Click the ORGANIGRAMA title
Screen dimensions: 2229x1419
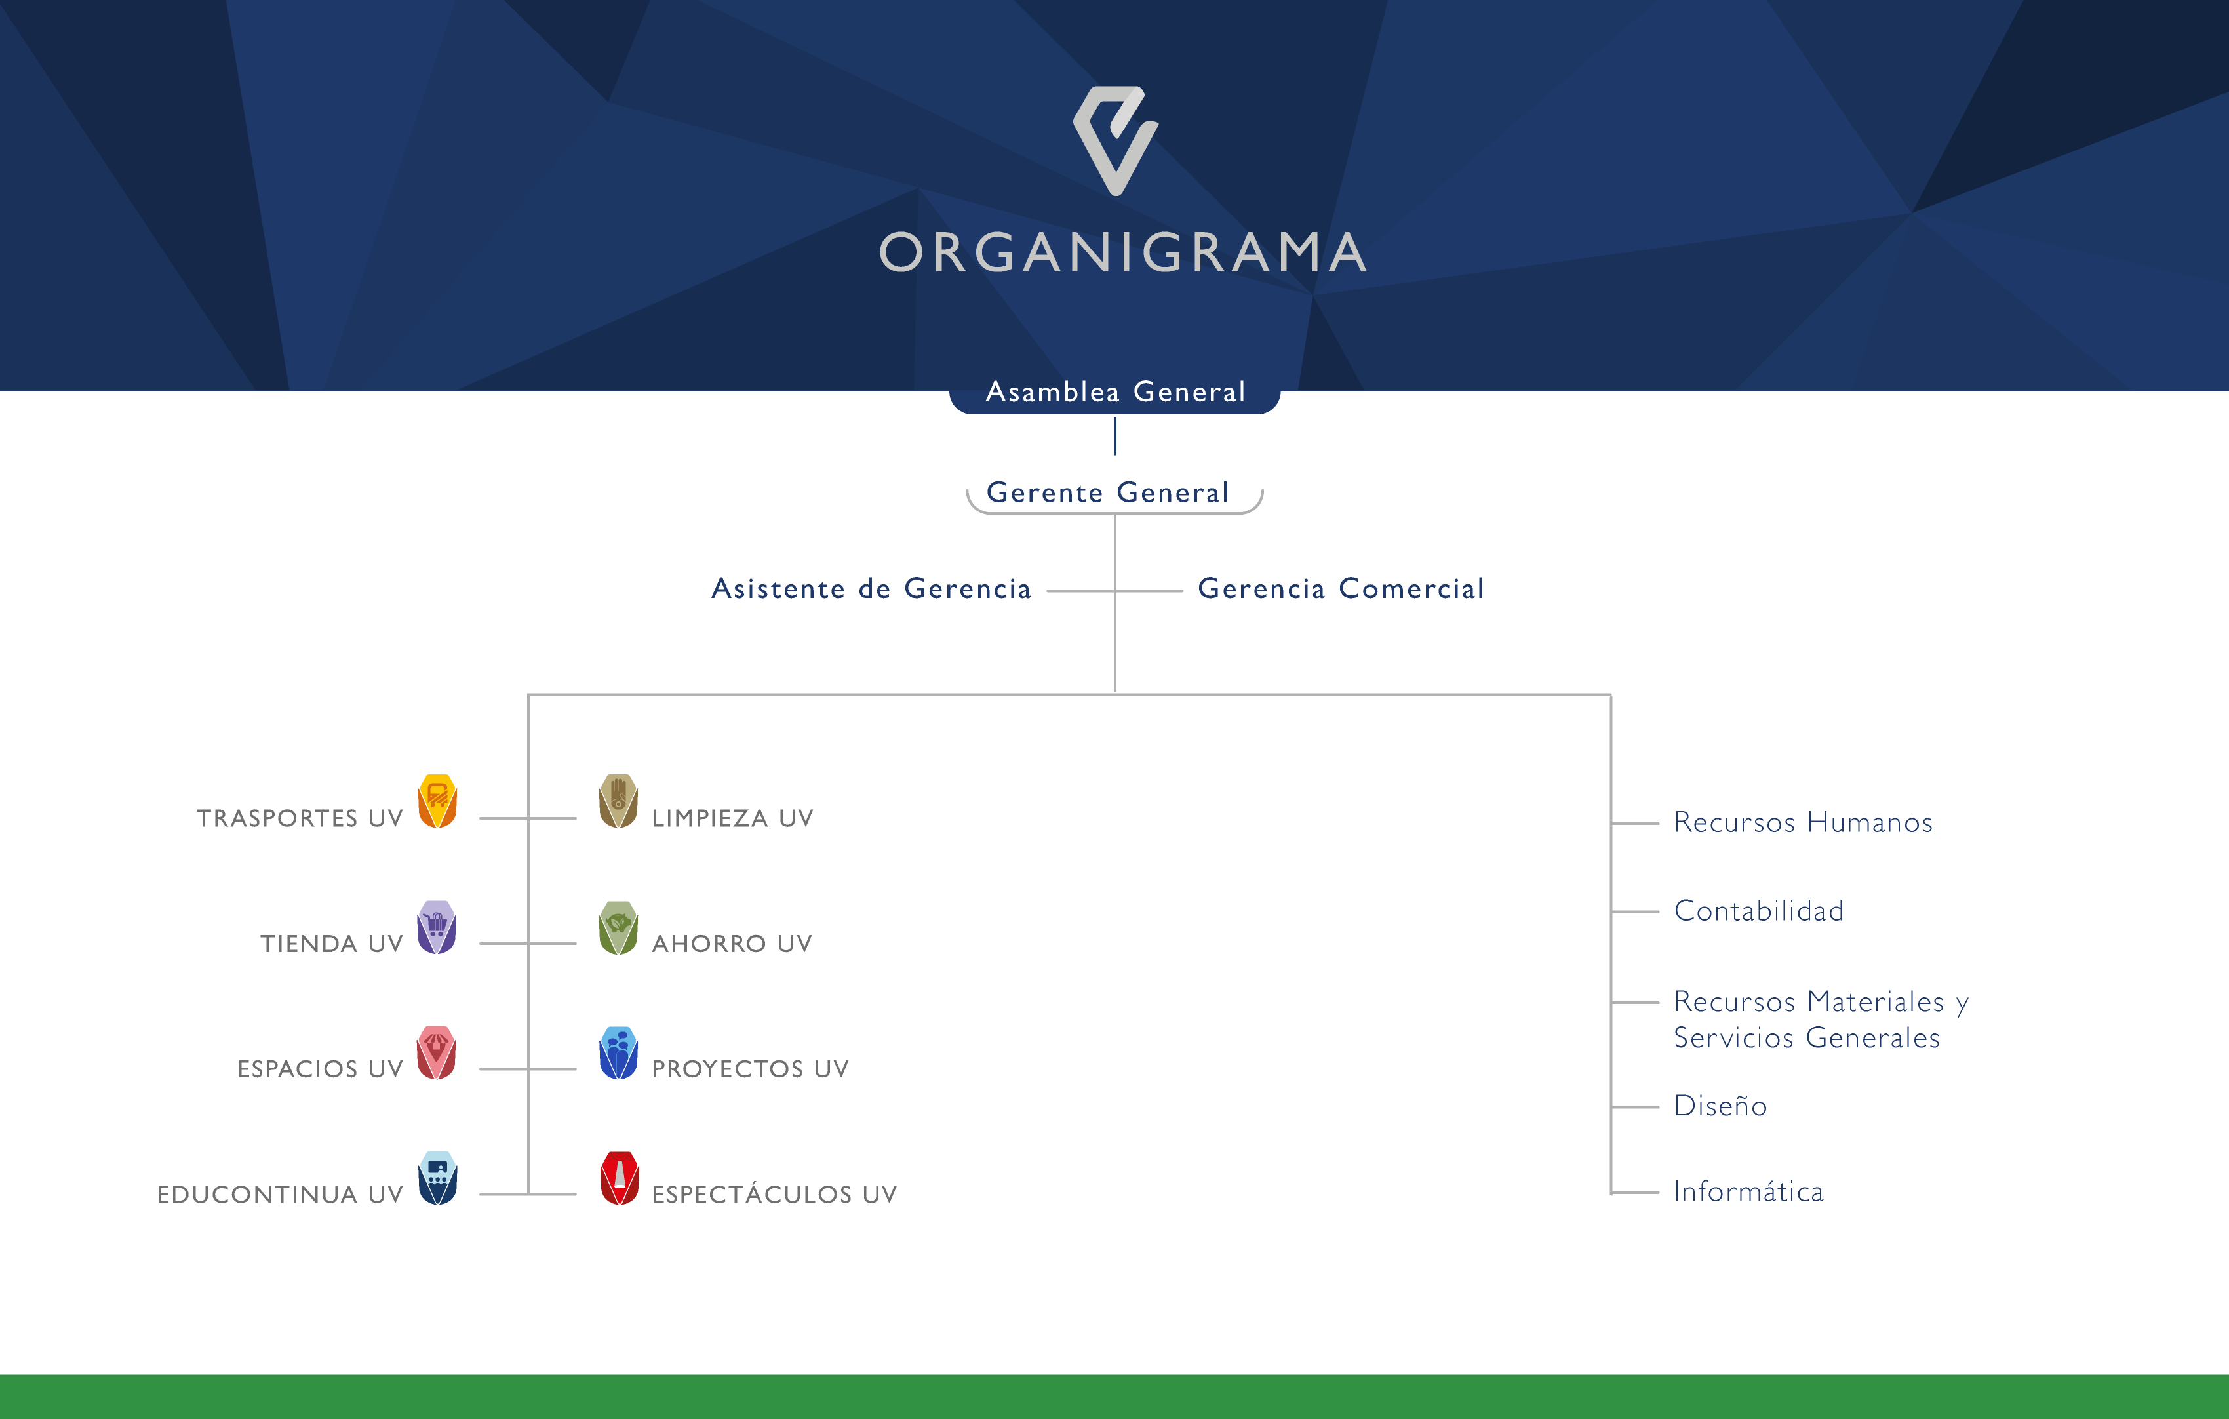pos(1123,252)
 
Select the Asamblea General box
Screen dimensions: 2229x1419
pos(1114,393)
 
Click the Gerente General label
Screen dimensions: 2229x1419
pos(1108,492)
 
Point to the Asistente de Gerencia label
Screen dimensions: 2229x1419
pos(871,589)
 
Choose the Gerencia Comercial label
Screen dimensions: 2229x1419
pos(1341,589)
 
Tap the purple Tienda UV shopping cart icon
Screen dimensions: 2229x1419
pos(437,927)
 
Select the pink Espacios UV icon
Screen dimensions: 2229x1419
pos(437,1052)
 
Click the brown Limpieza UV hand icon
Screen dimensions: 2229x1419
pos(618,801)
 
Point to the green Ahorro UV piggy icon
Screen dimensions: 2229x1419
pos(618,927)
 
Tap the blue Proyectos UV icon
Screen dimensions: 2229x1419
pos(618,1052)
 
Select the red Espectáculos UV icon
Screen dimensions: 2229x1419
pos(620,1178)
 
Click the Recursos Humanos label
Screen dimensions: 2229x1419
pos(1803,822)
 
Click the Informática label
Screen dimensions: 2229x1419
pos(1748,1191)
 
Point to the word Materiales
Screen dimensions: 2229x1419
pos(1876,1001)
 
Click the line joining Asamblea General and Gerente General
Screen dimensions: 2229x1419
pos(1114,436)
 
